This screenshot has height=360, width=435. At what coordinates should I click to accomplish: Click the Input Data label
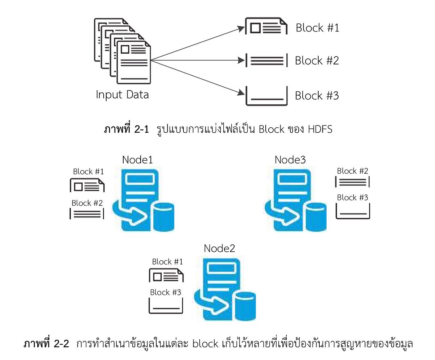pos(122,95)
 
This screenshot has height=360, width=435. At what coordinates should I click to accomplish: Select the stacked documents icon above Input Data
pos(122,51)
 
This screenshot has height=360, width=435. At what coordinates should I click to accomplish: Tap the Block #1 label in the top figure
pos(317,28)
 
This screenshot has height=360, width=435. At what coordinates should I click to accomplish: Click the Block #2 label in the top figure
pos(316,61)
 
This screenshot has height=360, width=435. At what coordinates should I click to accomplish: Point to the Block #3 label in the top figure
pos(316,96)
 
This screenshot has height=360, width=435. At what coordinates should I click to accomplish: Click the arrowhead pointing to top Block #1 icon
pos(241,29)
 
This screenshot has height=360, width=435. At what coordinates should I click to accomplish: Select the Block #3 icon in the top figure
pos(266,96)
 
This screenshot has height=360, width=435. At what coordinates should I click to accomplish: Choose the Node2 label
pos(219,248)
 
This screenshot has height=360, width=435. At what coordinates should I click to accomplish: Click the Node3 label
pos(290,160)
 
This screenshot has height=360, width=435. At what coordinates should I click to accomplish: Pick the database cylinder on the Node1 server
pos(163,216)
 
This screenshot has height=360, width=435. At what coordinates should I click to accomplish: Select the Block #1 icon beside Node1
pos(87,186)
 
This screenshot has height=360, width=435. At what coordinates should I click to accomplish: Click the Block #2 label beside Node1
pos(87,203)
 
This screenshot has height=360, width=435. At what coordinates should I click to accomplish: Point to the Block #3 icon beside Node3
pos(353,211)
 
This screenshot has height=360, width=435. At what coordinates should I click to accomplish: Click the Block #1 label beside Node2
pos(167,261)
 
